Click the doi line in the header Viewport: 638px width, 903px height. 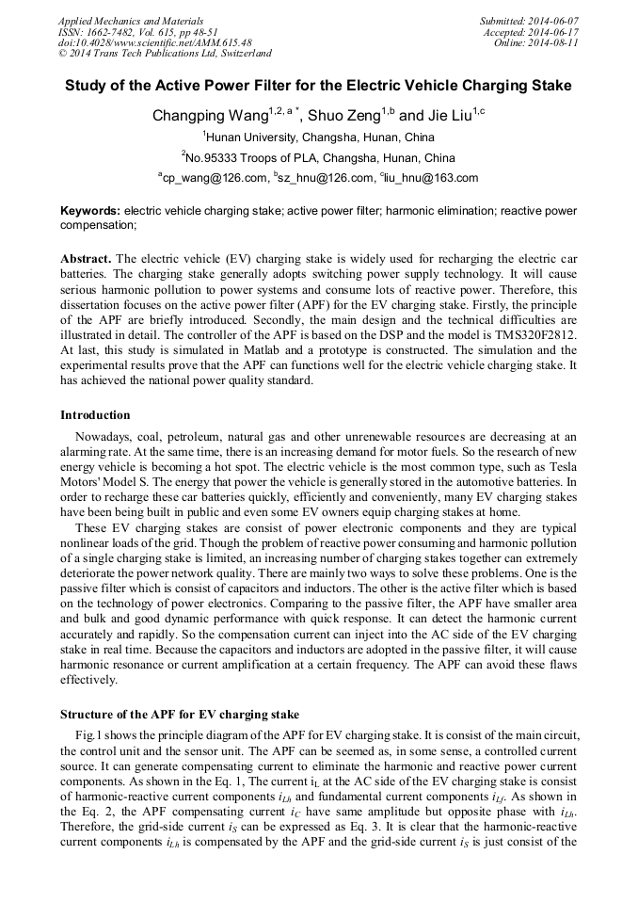pyautogui.click(x=155, y=42)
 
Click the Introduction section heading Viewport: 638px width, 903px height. pyautogui.click(x=95, y=414)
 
